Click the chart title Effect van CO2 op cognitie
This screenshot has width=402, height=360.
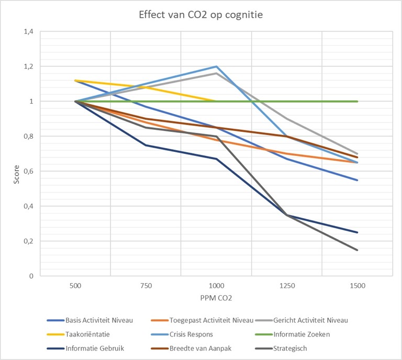point(201,15)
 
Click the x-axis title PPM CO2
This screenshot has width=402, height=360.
point(216,298)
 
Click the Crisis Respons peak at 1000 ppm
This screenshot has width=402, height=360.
point(216,66)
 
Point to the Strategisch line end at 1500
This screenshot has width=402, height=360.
point(357,250)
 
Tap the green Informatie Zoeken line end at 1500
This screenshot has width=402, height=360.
point(357,102)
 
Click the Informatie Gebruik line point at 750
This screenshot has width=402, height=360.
point(146,145)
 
